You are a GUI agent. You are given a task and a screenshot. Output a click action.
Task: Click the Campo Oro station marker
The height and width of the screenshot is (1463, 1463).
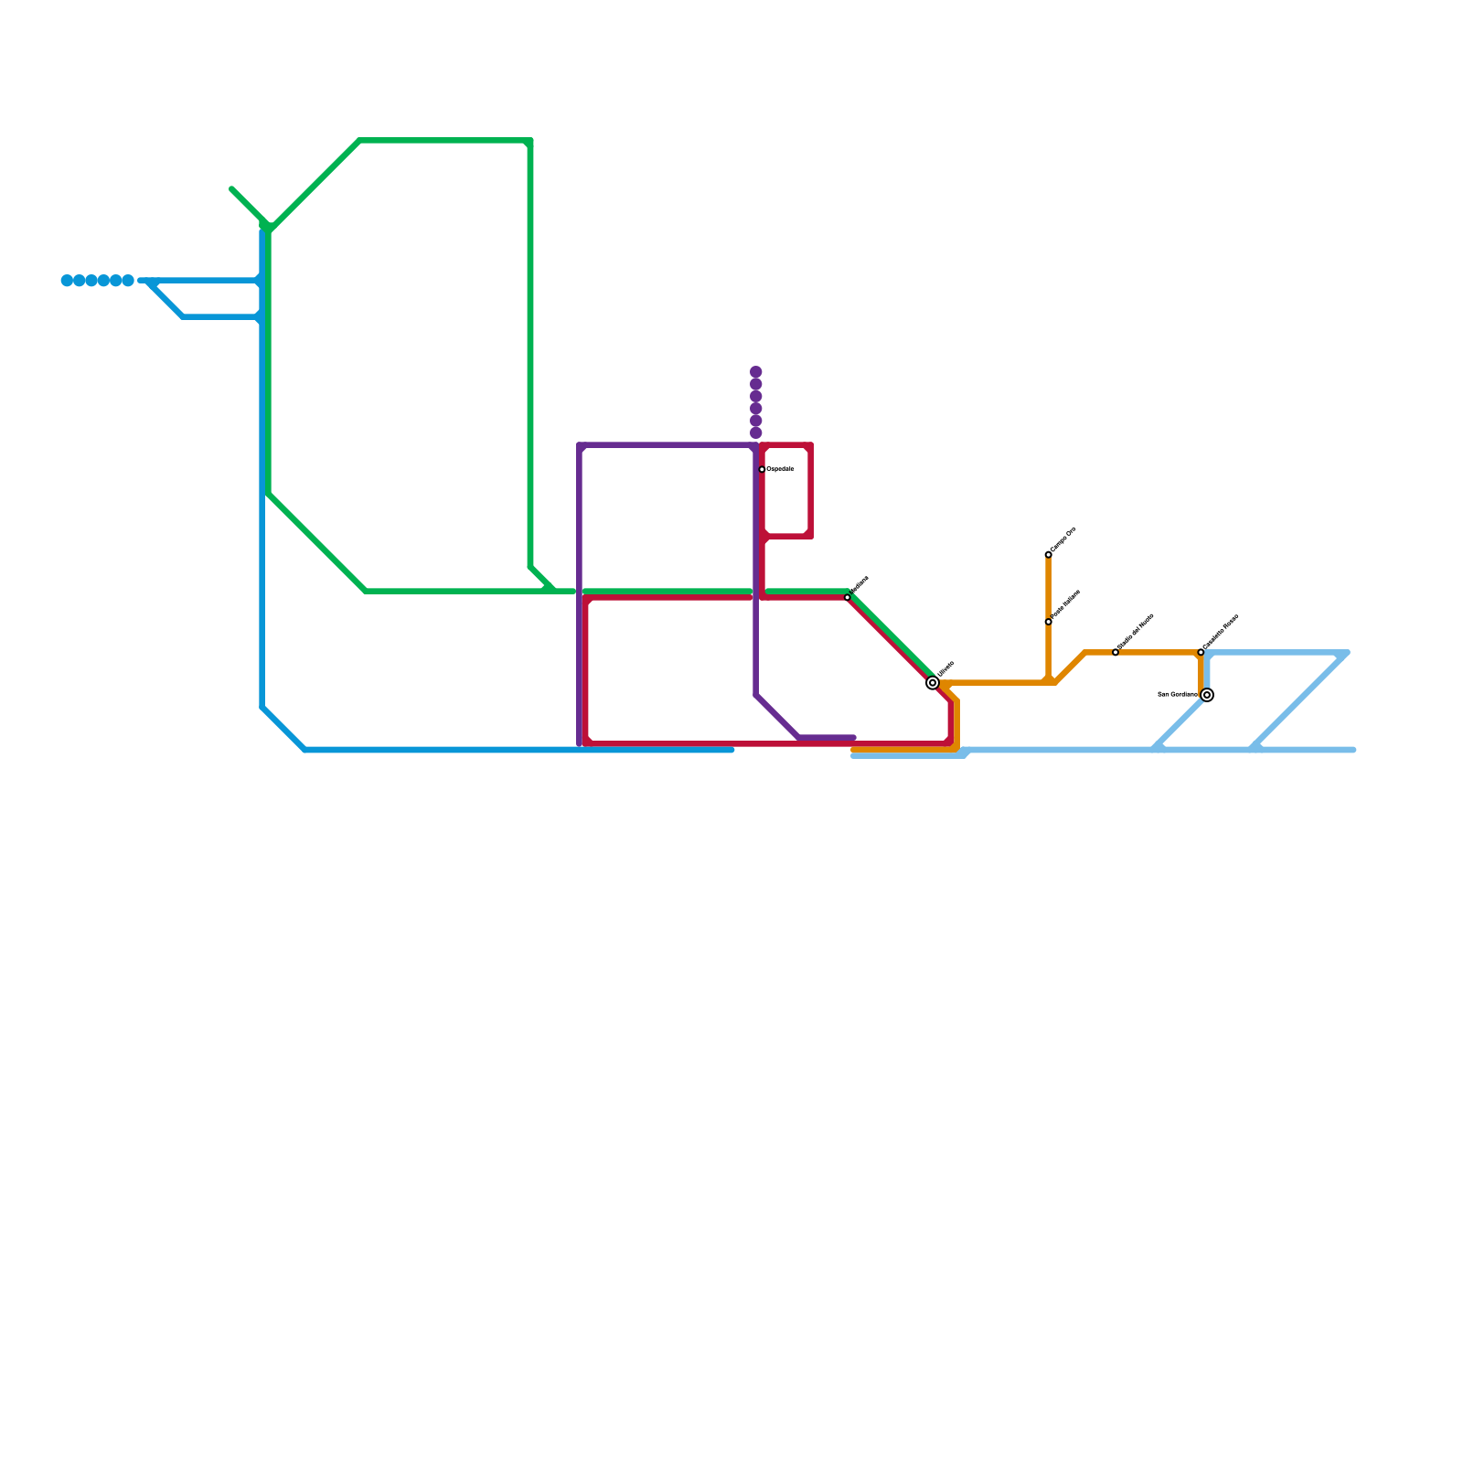[1048, 555]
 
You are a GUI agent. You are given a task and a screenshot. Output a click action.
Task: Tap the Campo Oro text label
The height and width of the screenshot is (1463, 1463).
[1063, 539]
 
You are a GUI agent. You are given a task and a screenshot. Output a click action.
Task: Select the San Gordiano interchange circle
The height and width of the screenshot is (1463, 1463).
[1207, 695]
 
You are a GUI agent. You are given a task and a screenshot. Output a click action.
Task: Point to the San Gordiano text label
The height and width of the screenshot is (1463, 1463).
[1178, 695]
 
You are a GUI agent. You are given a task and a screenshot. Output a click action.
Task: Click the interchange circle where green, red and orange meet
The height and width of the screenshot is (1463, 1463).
[933, 683]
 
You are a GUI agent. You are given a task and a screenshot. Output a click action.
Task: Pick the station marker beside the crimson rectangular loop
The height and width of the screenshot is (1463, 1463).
[762, 469]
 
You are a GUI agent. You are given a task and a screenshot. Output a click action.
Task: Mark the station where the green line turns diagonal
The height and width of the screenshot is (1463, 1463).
[848, 597]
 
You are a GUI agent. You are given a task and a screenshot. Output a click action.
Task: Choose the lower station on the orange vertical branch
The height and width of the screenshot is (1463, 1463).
[1048, 622]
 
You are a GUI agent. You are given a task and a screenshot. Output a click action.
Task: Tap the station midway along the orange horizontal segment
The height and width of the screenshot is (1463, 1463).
[1116, 652]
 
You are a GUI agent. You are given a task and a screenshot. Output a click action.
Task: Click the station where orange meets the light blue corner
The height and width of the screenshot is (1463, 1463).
[1201, 652]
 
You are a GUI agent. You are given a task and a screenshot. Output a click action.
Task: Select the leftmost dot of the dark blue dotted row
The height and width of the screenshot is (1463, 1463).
[67, 281]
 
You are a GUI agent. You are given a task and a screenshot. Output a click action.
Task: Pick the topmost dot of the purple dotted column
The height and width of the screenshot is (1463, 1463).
[756, 372]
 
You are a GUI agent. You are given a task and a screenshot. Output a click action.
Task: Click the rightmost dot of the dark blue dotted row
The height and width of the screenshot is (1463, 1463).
[128, 281]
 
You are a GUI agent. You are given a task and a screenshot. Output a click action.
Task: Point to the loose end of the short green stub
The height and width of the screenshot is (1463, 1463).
[232, 189]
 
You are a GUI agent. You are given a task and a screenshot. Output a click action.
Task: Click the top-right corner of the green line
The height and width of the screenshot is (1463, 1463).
[530, 141]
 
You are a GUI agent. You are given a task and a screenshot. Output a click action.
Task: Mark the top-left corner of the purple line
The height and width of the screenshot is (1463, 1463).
[581, 446]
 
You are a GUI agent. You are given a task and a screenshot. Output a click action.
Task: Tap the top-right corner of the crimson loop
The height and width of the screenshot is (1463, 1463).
[810, 446]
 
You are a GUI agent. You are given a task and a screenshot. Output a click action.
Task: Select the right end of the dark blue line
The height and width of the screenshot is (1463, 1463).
[731, 750]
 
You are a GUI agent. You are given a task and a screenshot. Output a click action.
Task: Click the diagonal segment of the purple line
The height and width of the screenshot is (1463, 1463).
[777, 716]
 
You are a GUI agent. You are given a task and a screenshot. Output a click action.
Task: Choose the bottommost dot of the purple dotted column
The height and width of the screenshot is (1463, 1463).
[756, 432]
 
